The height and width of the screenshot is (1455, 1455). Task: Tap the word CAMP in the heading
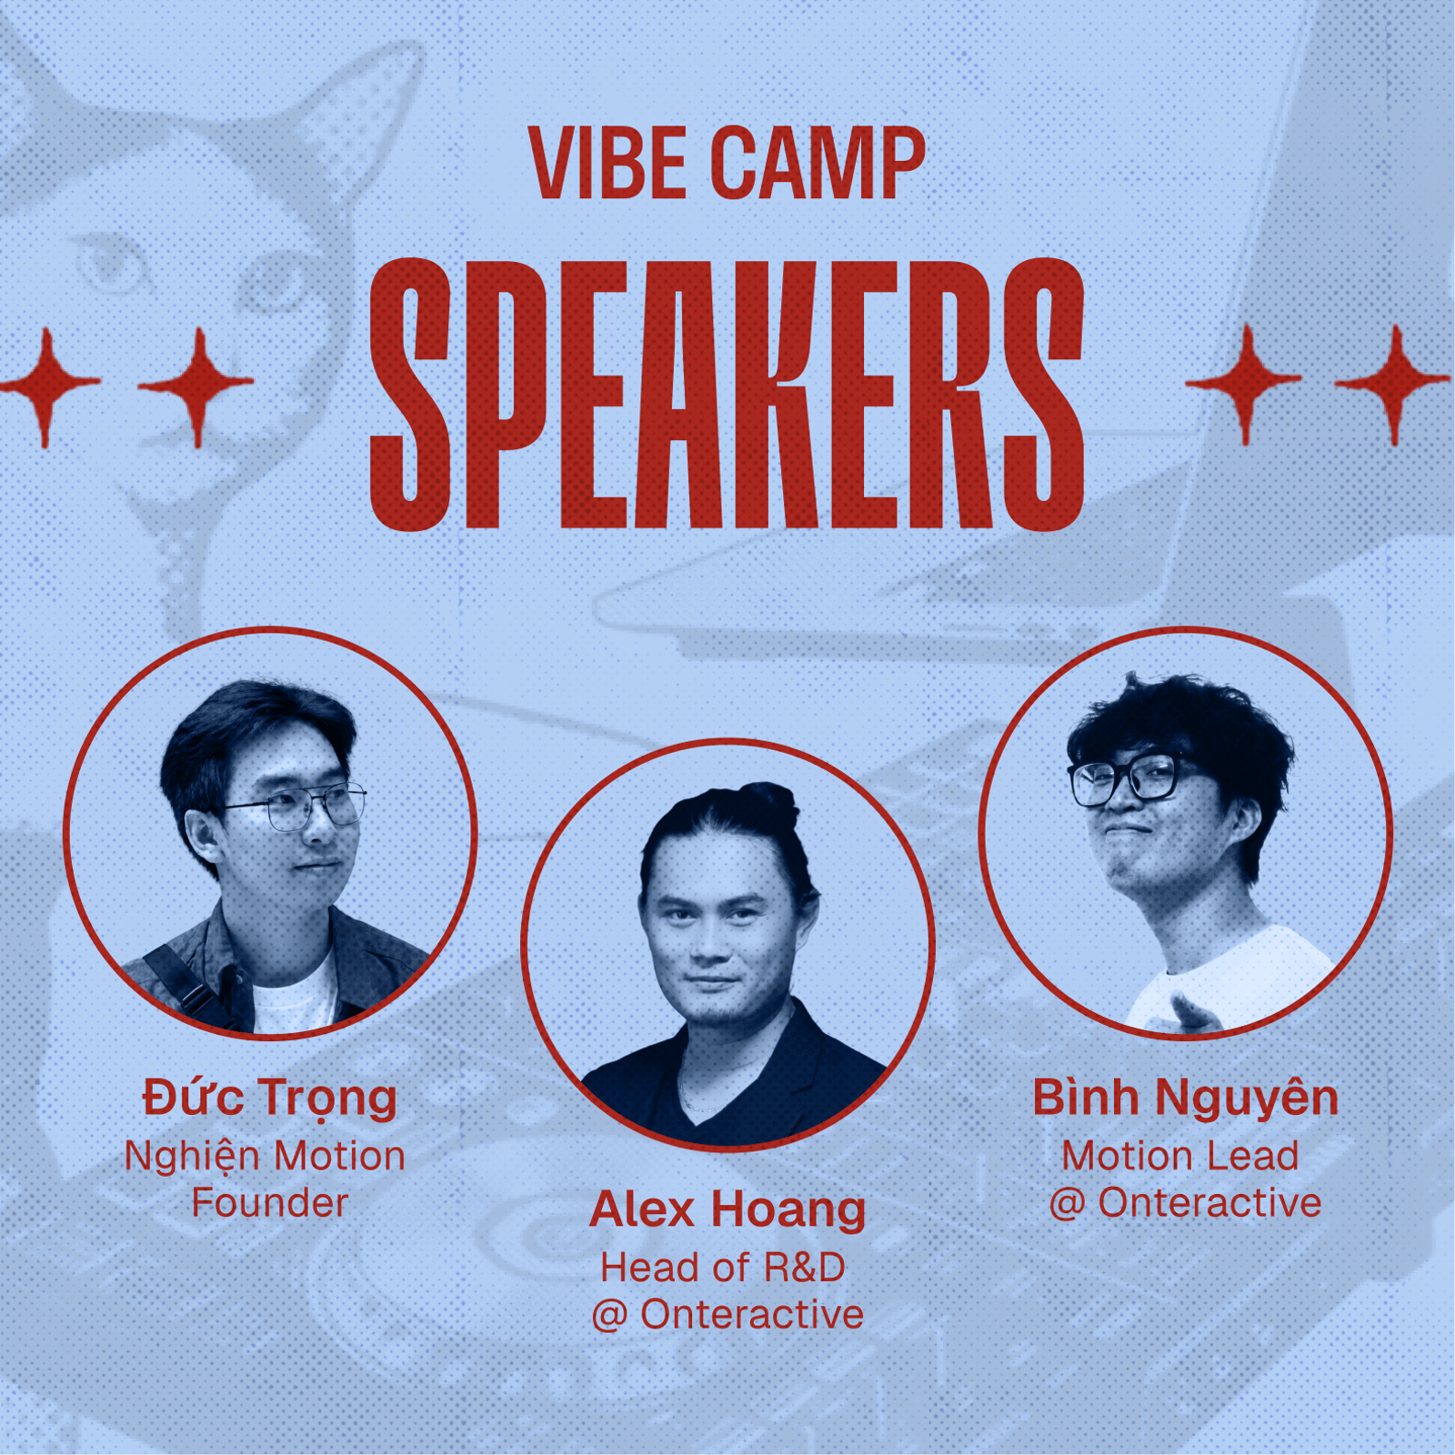pos(818,163)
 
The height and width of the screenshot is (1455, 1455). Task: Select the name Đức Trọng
pos(270,1099)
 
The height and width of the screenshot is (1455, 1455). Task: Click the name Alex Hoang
pos(727,1210)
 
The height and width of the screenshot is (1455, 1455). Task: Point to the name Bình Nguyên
pos(1185,1099)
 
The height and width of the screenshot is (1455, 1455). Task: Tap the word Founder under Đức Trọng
pos(270,1203)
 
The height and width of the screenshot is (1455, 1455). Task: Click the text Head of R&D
pos(723,1268)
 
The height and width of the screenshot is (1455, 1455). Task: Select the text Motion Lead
pos(1180,1156)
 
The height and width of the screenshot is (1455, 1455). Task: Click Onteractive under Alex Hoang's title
pos(752,1315)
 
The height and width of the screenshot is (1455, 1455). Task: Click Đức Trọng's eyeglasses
pos(296,806)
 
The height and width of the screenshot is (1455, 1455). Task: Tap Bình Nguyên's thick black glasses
pos(1128,778)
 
